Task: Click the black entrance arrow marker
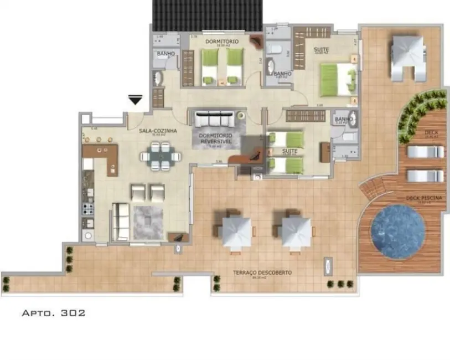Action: coord(135,100)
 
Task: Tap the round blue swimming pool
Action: coord(397,231)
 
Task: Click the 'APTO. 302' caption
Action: coord(53,313)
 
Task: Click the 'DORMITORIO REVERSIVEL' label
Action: coord(216,138)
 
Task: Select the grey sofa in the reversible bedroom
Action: coord(212,120)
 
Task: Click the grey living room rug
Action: coord(148,222)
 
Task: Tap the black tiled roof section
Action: coord(208,16)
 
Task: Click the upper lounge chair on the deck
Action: coord(425,152)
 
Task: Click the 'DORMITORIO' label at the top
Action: coord(222,42)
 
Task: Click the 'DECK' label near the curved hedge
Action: coord(431,133)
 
